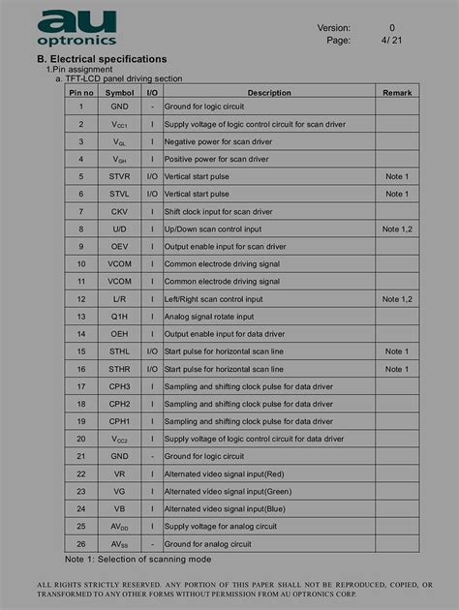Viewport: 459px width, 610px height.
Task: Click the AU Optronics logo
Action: pyautogui.click(x=77, y=28)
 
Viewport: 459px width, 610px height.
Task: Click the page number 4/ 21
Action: pyautogui.click(x=391, y=41)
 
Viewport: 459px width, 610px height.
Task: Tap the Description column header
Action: pyautogui.click(x=268, y=93)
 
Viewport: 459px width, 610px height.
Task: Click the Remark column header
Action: pyautogui.click(x=396, y=93)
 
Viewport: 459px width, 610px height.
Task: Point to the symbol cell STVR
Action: pyautogui.click(x=119, y=176)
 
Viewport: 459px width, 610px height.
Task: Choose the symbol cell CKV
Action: pyautogui.click(x=119, y=211)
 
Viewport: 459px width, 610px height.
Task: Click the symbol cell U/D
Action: pyautogui.click(x=119, y=229)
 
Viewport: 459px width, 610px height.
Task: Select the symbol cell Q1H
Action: pyautogui.click(x=119, y=317)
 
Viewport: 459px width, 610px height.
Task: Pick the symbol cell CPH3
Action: pyautogui.click(x=119, y=386)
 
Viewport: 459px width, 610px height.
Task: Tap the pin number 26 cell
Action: pyautogui.click(x=81, y=543)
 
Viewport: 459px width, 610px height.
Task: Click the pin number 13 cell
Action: pyautogui.click(x=81, y=317)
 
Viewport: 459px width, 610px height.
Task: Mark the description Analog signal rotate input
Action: pyautogui.click(x=209, y=317)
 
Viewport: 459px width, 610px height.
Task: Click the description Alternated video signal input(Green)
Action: pyautogui.click(x=228, y=491)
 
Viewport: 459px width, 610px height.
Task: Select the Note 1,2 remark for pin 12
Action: pyautogui.click(x=396, y=299)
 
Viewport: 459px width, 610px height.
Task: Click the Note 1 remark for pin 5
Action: pyautogui.click(x=396, y=176)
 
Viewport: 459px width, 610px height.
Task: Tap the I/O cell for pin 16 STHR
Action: pyautogui.click(x=152, y=369)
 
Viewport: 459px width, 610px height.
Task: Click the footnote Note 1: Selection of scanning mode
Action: pyautogui.click(x=138, y=560)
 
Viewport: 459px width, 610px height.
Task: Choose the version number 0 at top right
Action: pyautogui.click(x=392, y=28)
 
